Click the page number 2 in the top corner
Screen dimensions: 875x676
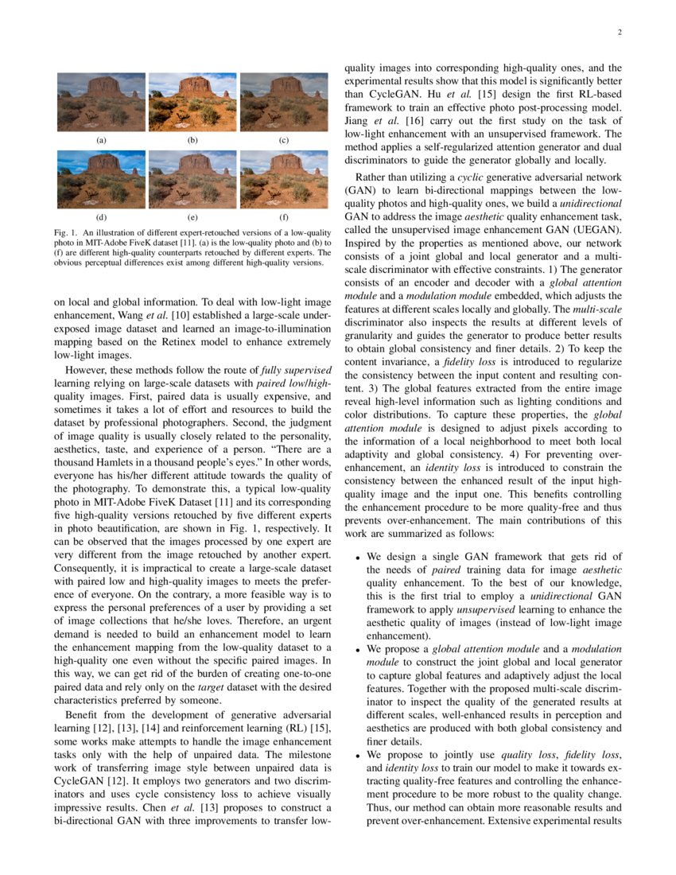(x=618, y=33)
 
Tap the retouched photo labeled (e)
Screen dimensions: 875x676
(x=192, y=180)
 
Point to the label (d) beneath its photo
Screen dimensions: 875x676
(x=101, y=216)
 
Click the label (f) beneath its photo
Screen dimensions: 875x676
(x=283, y=216)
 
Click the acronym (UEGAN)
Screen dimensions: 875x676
(x=600, y=229)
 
